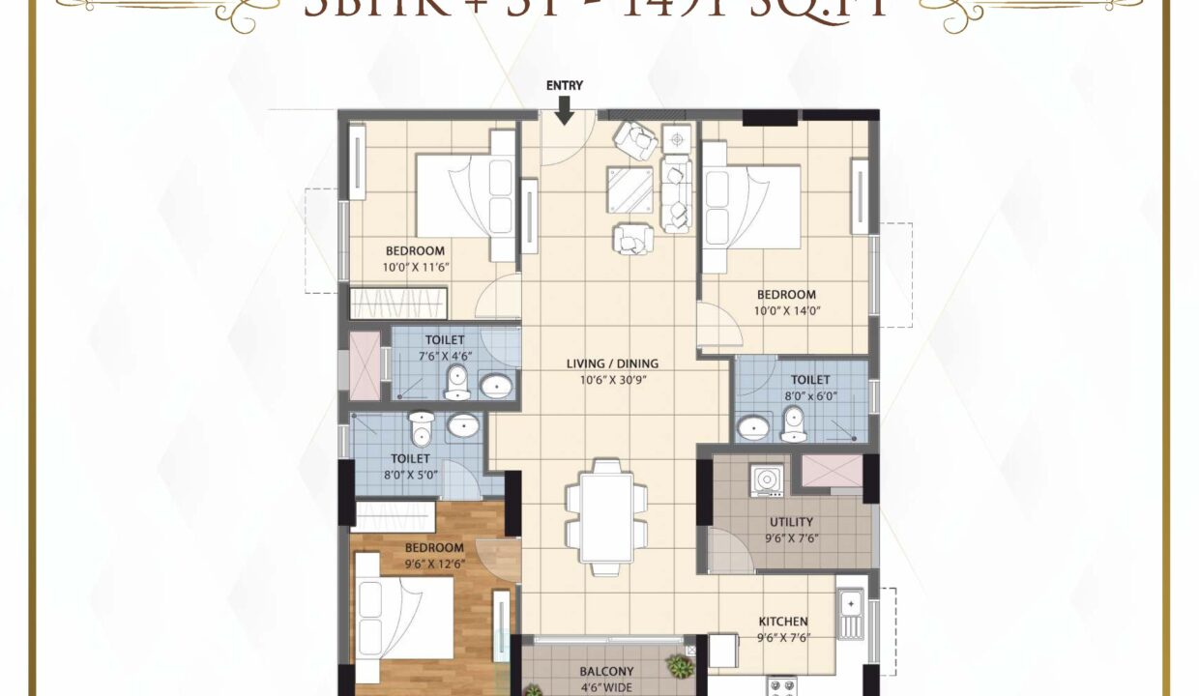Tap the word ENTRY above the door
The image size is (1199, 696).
point(565,85)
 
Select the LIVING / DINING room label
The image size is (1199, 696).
point(612,363)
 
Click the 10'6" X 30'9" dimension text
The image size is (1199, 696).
point(612,380)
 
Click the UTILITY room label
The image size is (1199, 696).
point(791,522)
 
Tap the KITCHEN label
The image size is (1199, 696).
point(783,621)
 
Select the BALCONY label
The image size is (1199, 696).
point(606,671)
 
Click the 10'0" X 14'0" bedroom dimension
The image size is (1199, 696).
point(786,311)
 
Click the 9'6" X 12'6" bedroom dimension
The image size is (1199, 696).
point(435,564)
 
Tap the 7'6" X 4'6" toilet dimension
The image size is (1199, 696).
point(444,356)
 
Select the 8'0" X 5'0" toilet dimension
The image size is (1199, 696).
point(409,475)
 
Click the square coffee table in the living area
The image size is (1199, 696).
point(629,188)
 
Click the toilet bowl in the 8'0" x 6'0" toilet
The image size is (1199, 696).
point(794,423)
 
